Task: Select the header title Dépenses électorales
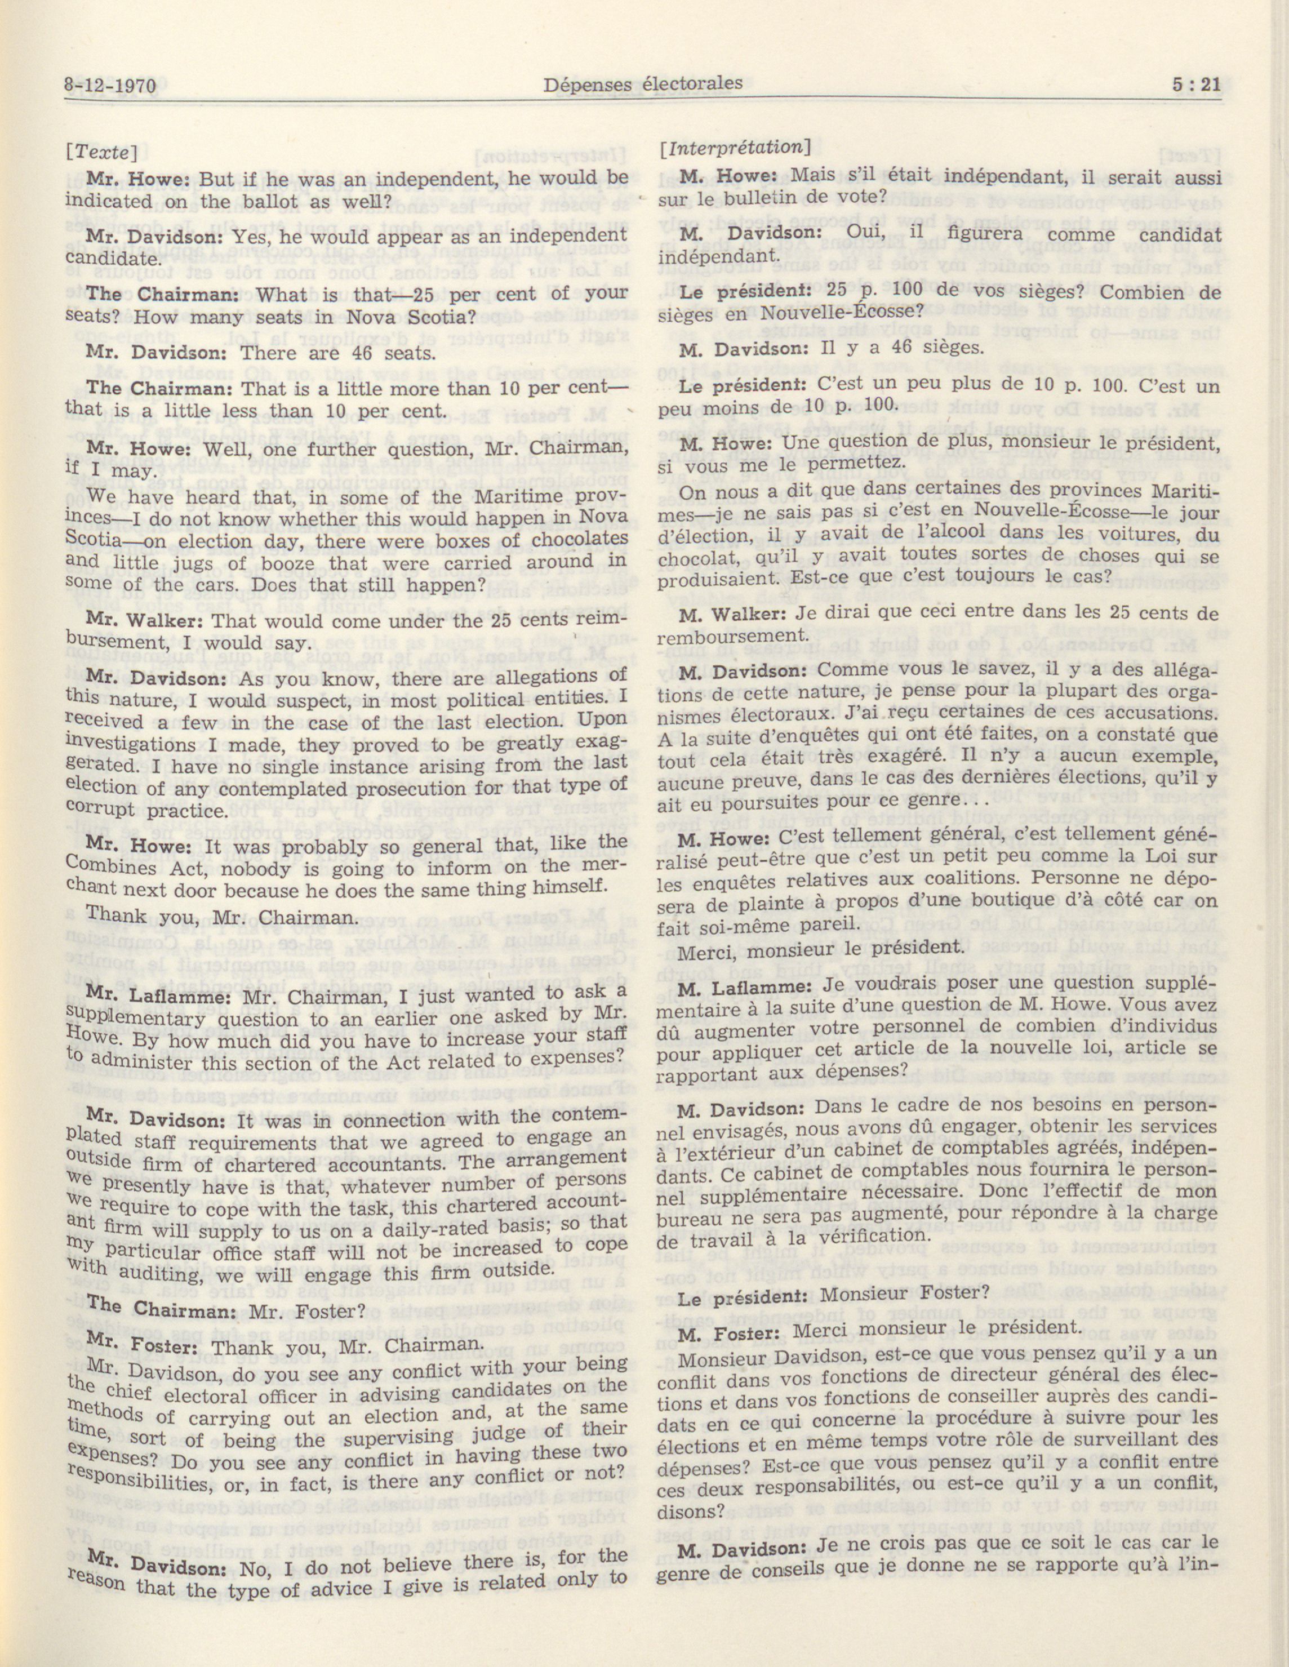[643, 83]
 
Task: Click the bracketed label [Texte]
[104, 152]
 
